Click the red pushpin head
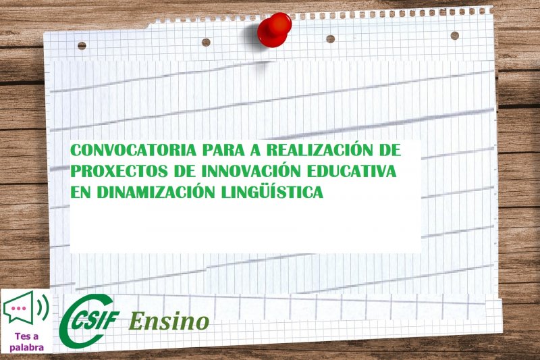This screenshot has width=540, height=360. pos(275,28)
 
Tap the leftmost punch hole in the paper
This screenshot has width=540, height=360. pos(82,45)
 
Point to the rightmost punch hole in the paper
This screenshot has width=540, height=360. pos(454,35)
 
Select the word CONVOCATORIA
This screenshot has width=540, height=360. pos(133,150)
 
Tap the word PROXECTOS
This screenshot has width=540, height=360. pos(119,171)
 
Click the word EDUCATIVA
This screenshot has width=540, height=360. pos(352,171)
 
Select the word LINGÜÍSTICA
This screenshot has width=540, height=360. pos(272,192)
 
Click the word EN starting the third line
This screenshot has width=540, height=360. pos(80,192)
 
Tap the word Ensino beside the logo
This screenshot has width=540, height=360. pos(169,321)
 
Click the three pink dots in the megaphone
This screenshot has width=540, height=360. pos(18,308)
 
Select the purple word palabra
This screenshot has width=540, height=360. pos(26,347)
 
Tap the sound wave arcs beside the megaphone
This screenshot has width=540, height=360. pos(44,306)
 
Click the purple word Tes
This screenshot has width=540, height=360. pos(22,336)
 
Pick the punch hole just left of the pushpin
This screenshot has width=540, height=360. pos(206,43)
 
